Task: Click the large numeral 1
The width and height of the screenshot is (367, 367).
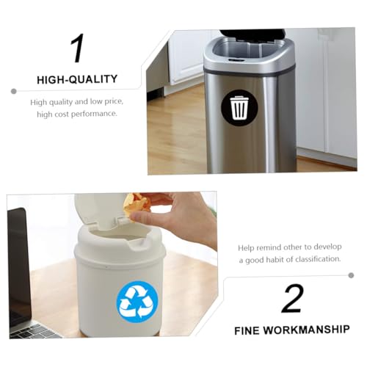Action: click(x=77, y=48)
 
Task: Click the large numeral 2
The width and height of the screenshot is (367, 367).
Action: click(x=292, y=298)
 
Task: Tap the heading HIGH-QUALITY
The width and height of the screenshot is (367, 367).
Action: click(x=77, y=79)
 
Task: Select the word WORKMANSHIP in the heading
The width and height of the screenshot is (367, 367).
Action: click(x=306, y=330)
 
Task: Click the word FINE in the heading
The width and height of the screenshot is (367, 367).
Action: click(x=247, y=331)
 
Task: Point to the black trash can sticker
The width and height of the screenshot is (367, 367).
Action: click(x=239, y=108)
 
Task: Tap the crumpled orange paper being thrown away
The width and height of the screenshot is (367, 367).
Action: click(x=137, y=203)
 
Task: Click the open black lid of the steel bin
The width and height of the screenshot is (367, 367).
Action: click(x=252, y=34)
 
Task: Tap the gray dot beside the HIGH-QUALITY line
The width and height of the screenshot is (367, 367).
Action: click(x=14, y=92)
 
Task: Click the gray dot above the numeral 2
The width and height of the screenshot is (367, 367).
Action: click(x=351, y=275)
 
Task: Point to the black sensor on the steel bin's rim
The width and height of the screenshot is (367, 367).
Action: click(x=235, y=60)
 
